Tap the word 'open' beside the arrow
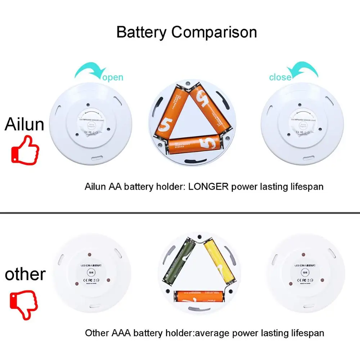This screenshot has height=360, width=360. click(x=113, y=77)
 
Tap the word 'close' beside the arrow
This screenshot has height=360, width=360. click(x=280, y=77)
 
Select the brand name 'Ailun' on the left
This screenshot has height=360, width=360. click(x=24, y=124)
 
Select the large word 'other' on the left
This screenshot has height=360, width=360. click(x=25, y=274)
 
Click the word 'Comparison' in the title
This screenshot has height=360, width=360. click(x=214, y=32)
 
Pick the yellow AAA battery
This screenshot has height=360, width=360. click(x=220, y=261)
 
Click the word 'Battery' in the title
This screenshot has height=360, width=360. click(x=142, y=32)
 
